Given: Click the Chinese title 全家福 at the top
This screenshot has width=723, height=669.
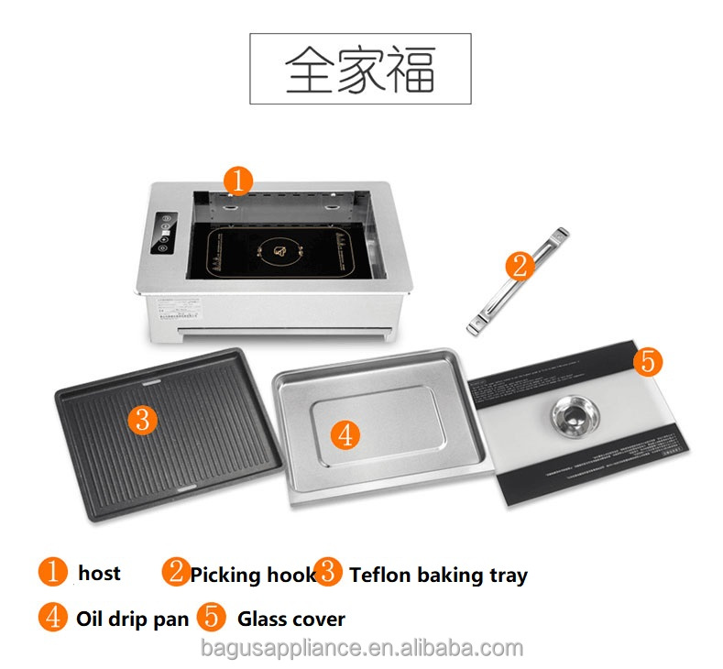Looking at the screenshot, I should pos(360,69).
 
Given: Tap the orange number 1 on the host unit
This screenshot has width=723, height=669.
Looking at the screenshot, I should pos(237,181).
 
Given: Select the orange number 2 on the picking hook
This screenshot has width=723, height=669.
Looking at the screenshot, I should pos(519,266).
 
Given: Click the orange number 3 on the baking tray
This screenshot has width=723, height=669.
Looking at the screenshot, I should pos(142,420).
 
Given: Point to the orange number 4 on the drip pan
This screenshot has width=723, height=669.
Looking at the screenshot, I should pos(345,434).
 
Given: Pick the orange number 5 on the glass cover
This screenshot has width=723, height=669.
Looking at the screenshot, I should pos(647,361).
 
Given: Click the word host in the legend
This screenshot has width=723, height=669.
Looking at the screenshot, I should pos(99,574).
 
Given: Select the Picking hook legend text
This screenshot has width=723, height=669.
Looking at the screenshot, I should pos(253,576).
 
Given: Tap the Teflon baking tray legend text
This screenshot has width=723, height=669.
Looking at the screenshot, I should pos(438,576).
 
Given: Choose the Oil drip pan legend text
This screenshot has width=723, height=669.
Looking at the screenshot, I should pos(132,619).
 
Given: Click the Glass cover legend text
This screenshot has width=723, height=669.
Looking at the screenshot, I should pos(291,619).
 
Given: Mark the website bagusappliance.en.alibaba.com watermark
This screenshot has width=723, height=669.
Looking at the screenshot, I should pos(361,649).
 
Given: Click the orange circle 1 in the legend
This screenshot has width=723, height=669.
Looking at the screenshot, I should pos(52,573).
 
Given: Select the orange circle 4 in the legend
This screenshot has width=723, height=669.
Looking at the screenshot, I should pos(52,617).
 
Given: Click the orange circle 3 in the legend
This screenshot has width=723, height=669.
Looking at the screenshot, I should pos(327,573).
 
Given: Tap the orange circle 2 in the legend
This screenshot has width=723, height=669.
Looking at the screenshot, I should pos(176,573).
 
